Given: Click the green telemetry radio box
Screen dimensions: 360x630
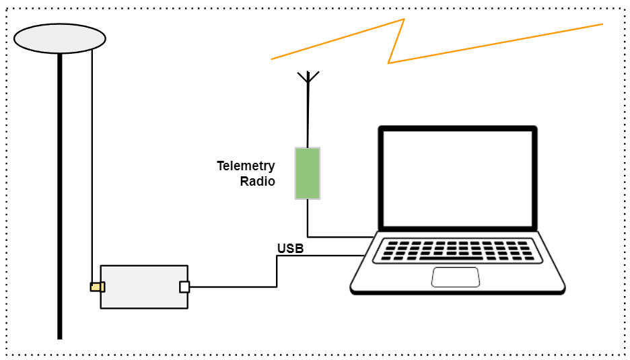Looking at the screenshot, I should pyautogui.click(x=307, y=173).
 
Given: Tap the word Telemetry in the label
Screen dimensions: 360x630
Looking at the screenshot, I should pyautogui.click(x=246, y=166).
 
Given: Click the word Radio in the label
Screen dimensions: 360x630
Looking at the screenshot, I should pyautogui.click(x=258, y=182).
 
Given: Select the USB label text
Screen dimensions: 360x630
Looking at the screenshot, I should pyautogui.click(x=290, y=249).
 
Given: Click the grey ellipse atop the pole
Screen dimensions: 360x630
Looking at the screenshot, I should pyautogui.click(x=60, y=38).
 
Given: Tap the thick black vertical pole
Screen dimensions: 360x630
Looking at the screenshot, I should pyautogui.click(x=60, y=202).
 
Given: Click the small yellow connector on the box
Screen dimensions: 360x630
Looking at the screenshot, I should pyautogui.click(x=97, y=287).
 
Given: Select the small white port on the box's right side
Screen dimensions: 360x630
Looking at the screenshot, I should pyautogui.click(x=184, y=287).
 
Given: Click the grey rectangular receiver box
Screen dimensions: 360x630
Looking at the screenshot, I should pyautogui.click(x=143, y=287).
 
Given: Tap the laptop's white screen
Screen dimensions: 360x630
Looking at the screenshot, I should pyautogui.click(x=458, y=178).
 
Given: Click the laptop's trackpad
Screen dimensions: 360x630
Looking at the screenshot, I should pyautogui.click(x=456, y=277).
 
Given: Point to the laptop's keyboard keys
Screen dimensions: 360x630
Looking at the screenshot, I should pyautogui.click(x=457, y=250).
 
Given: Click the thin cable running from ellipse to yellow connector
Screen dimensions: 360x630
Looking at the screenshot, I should pyautogui.click(x=92, y=168).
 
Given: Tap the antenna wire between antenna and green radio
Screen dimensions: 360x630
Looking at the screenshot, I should pyautogui.click(x=308, y=114).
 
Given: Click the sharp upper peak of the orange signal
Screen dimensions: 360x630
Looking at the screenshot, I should pyautogui.click(x=403, y=20).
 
